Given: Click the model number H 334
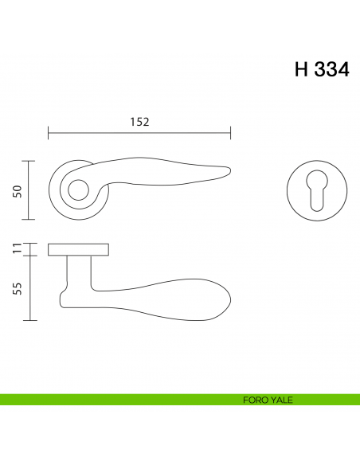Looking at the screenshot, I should (x=321, y=68).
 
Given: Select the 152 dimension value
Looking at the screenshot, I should (x=139, y=122).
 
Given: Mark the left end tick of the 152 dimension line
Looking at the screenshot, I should (x=49, y=132).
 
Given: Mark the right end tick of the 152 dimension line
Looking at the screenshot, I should (x=230, y=132).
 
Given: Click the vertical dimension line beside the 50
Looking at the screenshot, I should (x=29, y=190).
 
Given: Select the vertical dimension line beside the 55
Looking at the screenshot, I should (x=29, y=288).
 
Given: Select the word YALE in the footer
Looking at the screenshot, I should (x=280, y=400).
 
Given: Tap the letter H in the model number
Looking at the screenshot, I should (x=302, y=68).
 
